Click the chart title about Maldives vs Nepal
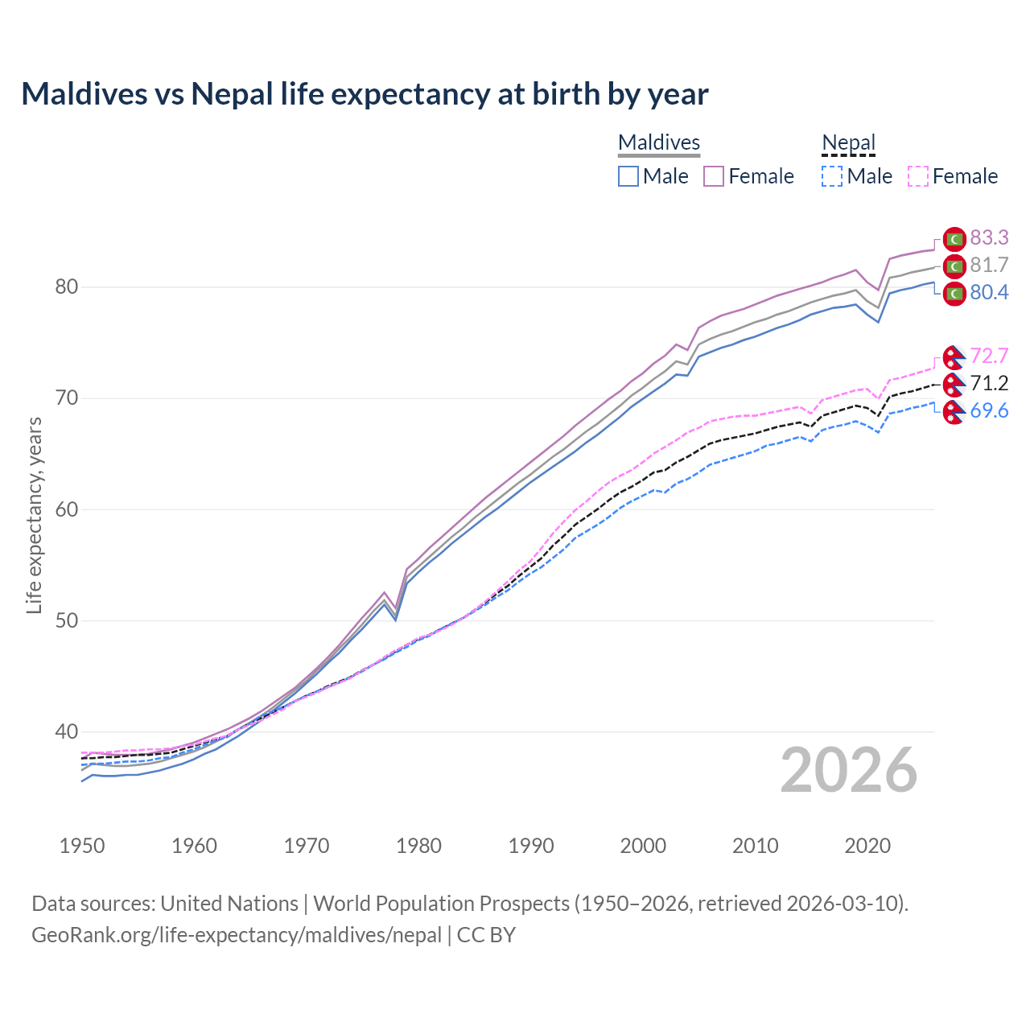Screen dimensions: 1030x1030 tap(365, 94)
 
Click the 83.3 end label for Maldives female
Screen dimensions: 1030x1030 tap(989, 238)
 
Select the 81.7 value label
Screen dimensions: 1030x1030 tap(989, 266)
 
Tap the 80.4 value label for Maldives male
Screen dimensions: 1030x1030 tap(989, 293)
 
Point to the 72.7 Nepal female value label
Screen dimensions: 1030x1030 tap(989, 356)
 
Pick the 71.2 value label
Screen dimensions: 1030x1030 tap(989, 384)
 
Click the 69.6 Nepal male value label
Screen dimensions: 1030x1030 tap(989, 411)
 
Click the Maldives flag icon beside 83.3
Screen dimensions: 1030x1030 tap(954, 239)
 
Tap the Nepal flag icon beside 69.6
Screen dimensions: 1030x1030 tap(954, 413)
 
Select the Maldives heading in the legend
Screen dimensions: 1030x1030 tap(659, 143)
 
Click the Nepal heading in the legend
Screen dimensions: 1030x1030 tap(848, 143)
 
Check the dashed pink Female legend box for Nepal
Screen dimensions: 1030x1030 tap(918, 176)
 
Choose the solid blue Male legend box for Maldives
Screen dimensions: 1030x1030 tap(628, 176)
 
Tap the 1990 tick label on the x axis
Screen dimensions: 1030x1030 tap(531, 846)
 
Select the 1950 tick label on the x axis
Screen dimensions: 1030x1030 tap(82, 846)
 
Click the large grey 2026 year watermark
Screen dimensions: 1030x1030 tap(849, 770)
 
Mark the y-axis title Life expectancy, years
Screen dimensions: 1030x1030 tap(34, 515)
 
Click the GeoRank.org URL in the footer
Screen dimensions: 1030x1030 tap(237, 935)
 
